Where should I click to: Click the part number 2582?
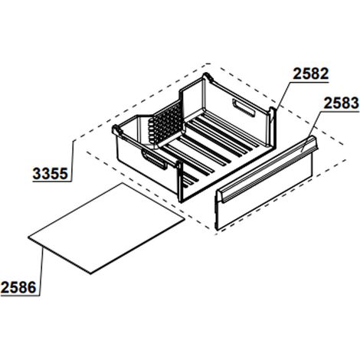click(310, 74)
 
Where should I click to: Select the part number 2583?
click(341, 103)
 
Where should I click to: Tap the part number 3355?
click(51, 174)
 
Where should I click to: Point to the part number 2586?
click(18, 288)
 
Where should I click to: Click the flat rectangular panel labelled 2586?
click(106, 228)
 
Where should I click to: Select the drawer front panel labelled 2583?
click(267, 183)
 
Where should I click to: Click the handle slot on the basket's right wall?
click(244, 108)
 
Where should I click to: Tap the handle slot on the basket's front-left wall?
click(154, 159)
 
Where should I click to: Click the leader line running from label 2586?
click(41, 272)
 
